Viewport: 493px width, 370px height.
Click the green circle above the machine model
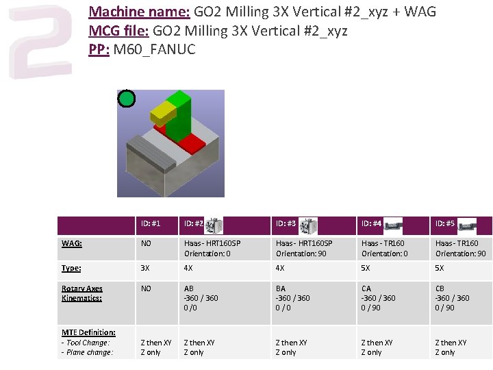tap(127, 99)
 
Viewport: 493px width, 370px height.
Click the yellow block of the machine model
tap(162, 114)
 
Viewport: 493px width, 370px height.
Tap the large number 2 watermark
tap(41, 42)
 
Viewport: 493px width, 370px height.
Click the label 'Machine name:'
tap(139, 12)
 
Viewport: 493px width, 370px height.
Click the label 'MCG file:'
tap(119, 31)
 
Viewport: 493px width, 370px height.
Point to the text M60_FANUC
tap(154, 49)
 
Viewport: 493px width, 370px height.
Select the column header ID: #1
tap(151, 223)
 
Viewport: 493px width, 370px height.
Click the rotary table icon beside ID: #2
tap(214, 225)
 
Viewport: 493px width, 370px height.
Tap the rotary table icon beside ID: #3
tap(308, 225)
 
